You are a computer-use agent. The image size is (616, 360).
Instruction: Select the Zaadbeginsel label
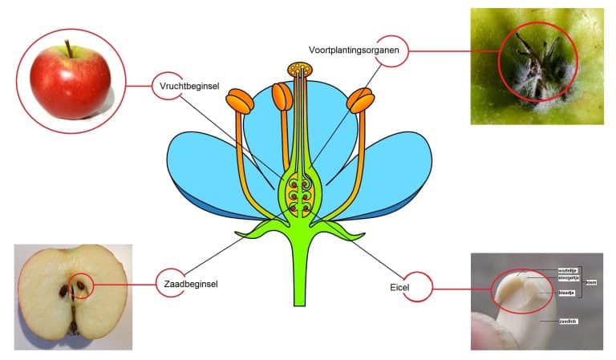pos(190,284)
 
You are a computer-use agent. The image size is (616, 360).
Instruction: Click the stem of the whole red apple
pos(70,50)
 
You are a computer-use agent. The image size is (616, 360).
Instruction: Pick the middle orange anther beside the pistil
pos(282,97)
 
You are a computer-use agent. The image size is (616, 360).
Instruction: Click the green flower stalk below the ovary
pos(300,273)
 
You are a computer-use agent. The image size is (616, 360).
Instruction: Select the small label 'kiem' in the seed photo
pos(590,282)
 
